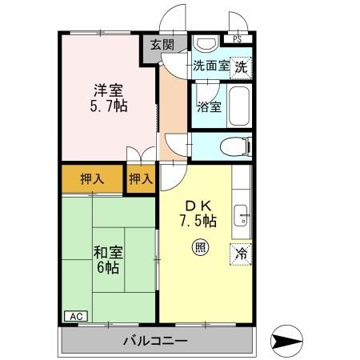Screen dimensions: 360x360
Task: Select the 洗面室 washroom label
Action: coord(210,68)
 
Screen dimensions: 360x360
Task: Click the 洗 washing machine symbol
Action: coord(241,68)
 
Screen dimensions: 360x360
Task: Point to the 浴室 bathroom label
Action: coord(209,107)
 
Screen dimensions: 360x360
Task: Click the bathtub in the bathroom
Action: coord(240,106)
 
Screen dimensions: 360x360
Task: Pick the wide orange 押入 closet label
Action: coord(92,179)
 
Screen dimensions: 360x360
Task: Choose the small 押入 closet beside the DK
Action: coord(141,179)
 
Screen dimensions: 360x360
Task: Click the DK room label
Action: coord(198,204)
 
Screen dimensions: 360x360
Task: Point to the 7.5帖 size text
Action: coord(198,220)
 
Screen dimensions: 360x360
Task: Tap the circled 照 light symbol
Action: coord(198,248)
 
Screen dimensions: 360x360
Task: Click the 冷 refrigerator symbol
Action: coord(240,254)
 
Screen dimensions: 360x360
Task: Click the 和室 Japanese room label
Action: coord(107,253)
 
